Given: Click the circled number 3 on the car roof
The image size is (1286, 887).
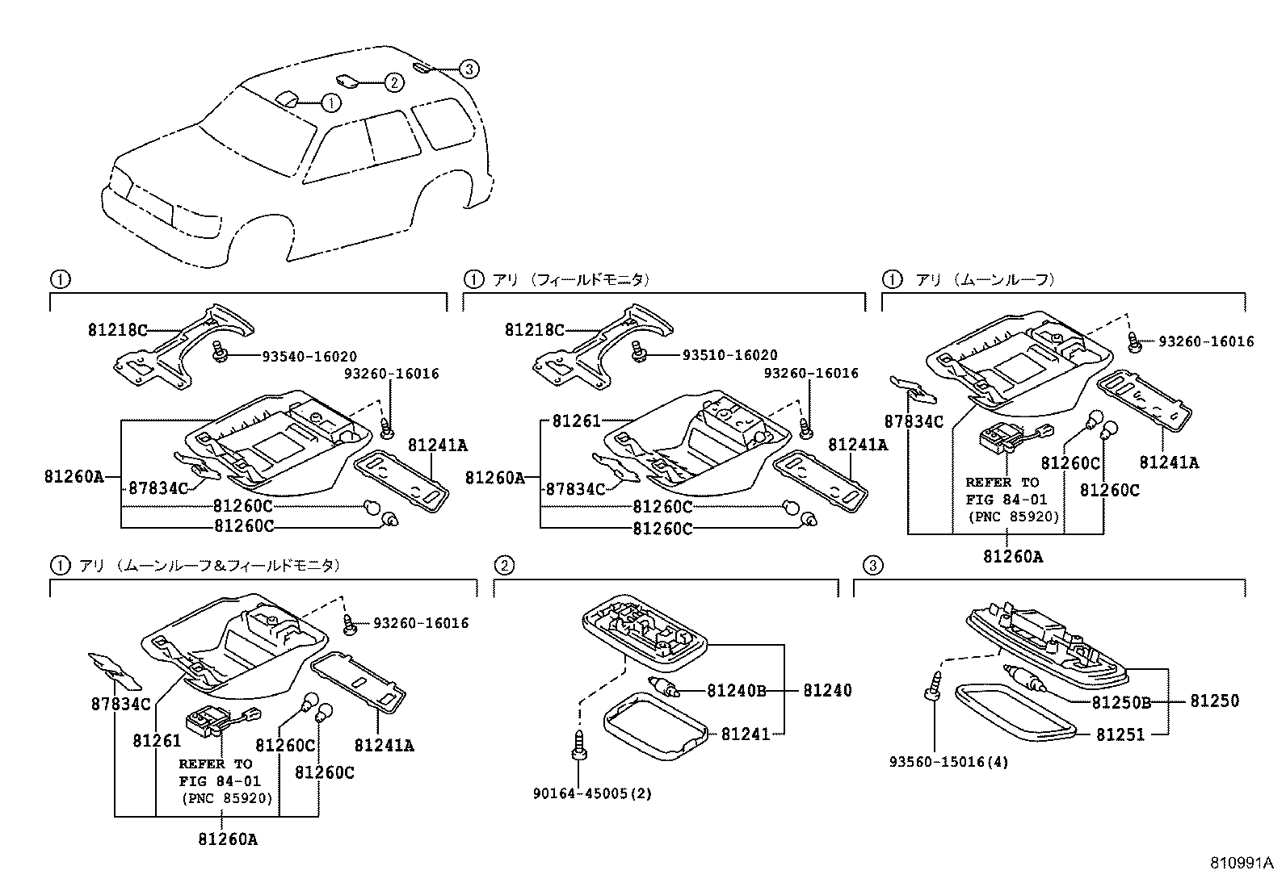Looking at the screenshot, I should point(469,69).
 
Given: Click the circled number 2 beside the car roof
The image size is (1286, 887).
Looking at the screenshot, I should point(393,82).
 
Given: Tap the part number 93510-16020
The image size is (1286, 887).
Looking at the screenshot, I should point(730,355).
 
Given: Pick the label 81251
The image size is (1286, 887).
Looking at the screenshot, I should point(1120,734).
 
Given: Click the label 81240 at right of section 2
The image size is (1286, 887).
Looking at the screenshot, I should point(826,691).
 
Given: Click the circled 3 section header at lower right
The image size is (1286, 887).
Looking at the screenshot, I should point(872,565).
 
